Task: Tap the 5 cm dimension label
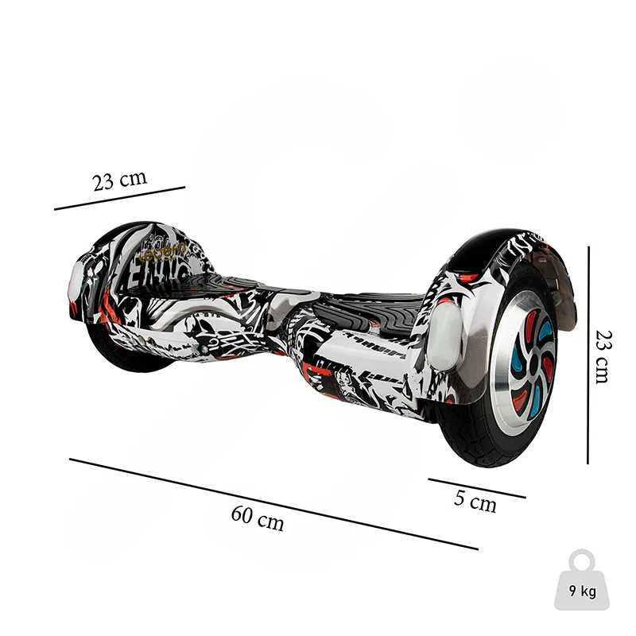[x=475, y=501]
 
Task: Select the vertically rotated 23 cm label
[x=605, y=356]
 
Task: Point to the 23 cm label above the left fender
[x=119, y=180]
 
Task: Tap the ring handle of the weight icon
[x=582, y=559]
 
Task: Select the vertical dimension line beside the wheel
[x=588, y=355]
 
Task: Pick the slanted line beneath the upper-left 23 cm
[x=119, y=198]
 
